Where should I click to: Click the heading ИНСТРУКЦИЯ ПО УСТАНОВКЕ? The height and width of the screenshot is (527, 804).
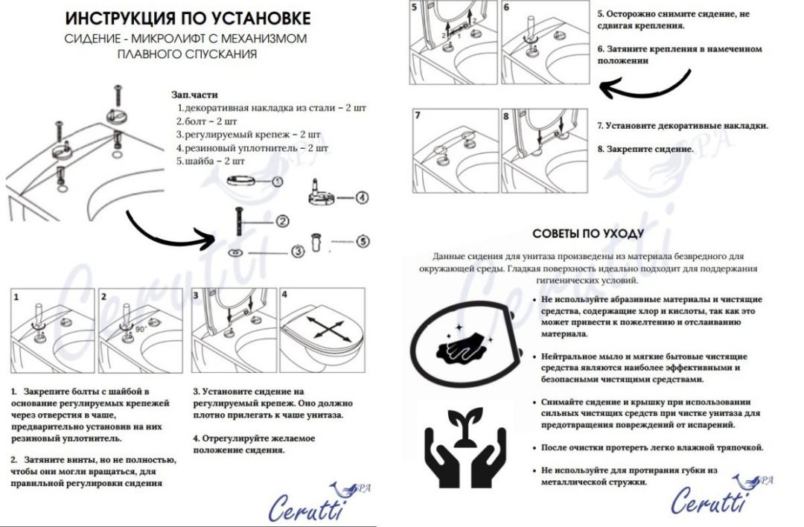[187, 18]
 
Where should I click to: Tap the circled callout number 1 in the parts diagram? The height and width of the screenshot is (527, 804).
[277, 181]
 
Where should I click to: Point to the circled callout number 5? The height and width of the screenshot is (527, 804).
[362, 241]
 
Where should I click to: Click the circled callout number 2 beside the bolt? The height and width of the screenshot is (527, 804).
[282, 220]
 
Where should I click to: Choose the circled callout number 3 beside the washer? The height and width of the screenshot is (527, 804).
[296, 252]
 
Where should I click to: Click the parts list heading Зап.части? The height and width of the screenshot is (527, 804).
[195, 95]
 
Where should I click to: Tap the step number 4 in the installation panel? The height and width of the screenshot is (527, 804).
[284, 295]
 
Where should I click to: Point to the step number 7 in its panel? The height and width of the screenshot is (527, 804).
[418, 116]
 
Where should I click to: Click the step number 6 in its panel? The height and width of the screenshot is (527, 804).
[507, 7]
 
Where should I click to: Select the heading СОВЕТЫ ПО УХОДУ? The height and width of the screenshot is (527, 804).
[588, 234]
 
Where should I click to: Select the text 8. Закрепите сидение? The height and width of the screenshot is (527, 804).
[645, 149]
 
